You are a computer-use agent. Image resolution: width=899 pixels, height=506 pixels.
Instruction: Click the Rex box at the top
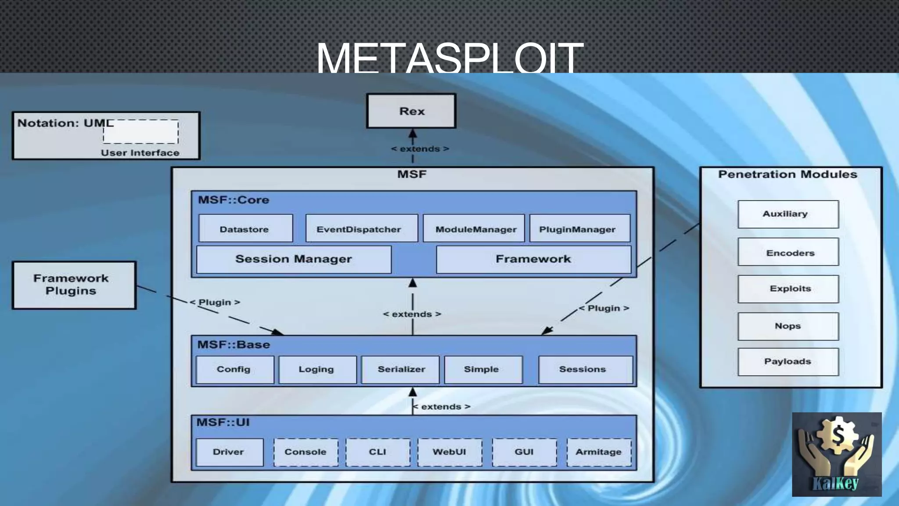[x=411, y=111]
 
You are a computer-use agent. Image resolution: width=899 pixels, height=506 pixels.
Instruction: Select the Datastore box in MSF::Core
[x=245, y=228]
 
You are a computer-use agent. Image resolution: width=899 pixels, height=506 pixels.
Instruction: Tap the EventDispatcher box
[x=361, y=228]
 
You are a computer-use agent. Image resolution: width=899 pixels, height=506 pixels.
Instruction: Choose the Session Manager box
[x=294, y=259]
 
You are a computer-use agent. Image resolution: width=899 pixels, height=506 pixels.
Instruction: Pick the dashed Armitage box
[x=599, y=452]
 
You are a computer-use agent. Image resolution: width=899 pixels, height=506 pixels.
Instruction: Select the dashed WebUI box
[x=449, y=452]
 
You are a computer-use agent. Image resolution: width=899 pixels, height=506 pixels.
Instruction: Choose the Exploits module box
[x=788, y=289]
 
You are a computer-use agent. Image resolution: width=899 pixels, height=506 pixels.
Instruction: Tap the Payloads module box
[x=788, y=361]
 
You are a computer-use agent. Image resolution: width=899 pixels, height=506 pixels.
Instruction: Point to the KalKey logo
[x=836, y=454]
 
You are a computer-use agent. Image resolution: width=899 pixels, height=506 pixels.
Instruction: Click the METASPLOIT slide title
[x=449, y=57]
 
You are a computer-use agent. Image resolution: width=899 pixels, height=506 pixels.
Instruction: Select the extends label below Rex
[x=420, y=149]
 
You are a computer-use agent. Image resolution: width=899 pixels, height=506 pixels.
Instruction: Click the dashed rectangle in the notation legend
[x=141, y=131]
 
